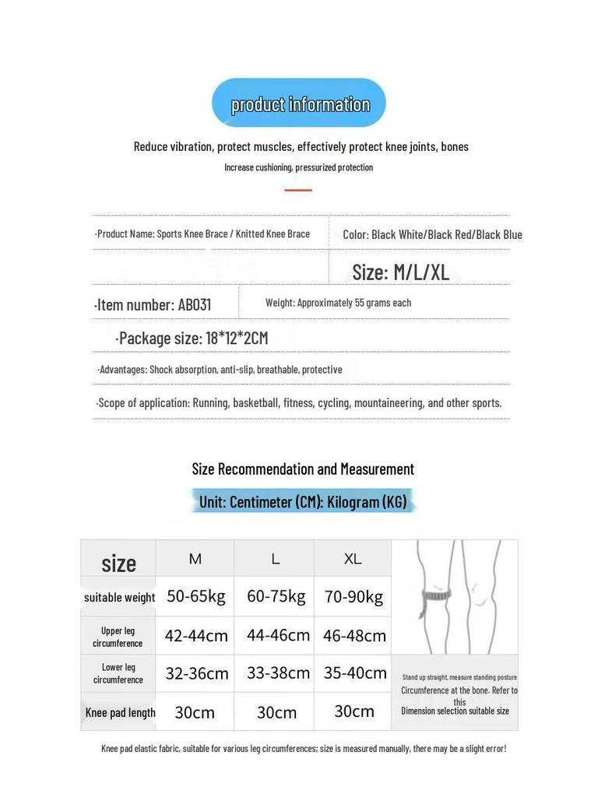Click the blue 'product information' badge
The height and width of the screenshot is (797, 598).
[x=299, y=104]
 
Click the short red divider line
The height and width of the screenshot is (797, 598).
[x=298, y=189]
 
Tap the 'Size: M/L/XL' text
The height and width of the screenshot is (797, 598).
[x=400, y=272]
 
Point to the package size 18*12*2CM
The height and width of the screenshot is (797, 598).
[x=192, y=338]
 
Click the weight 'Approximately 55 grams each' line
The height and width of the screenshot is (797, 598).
[x=338, y=303]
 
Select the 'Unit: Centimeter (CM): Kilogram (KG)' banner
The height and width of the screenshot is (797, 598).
[x=303, y=502]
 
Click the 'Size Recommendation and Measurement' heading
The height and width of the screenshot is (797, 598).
[x=303, y=469]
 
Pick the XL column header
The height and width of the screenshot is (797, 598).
[x=353, y=559]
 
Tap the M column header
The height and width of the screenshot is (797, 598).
[x=195, y=559]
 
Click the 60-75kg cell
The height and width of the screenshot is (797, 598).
[x=276, y=596]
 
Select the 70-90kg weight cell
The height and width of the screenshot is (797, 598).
[x=354, y=597]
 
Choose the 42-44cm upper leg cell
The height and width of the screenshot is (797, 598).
[x=196, y=636]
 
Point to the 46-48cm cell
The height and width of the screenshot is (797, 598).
[x=354, y=636]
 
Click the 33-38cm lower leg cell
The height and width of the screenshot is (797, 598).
[x=278, y=673]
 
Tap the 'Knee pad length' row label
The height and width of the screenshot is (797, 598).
[x=120, y=712]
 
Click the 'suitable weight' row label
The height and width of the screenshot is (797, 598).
[x=119, y=598]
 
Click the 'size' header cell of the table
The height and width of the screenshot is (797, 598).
[x=118, y=563]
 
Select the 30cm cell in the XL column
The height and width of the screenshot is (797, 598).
[x=354, y=711]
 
